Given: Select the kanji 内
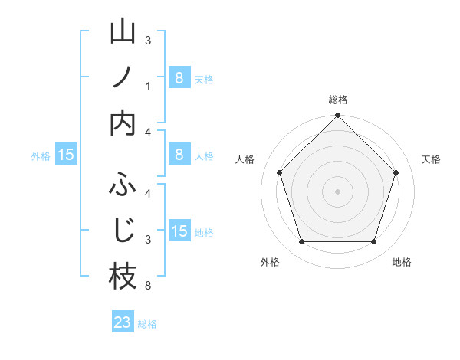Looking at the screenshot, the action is (x=123, y=123).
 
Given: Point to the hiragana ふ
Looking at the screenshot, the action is (x=123, y=185).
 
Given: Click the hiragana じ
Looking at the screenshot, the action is (x=123, y=231).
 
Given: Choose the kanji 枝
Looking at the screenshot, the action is (x=123, y=277).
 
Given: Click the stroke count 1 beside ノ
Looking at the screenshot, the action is (x=148, y=87).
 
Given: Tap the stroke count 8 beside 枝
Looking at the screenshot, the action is (x=148, y=286).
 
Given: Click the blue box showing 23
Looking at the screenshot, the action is (x=123, y=322).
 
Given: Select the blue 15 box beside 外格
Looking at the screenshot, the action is (x=65, y=155).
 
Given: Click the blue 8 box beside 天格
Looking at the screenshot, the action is (x=179, y=78).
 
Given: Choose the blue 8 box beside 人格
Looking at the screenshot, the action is (x=179, y=155).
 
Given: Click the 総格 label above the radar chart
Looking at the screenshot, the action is (x=338, y=100).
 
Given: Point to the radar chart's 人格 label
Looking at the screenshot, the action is (x=245, y=159).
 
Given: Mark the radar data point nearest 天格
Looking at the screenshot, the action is (x=396, y=172).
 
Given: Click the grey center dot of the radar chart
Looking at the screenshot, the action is (x=338, y=191).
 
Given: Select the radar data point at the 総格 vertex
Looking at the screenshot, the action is (x=338, y=116).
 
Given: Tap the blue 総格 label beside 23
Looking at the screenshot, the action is (x=147, y=324).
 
